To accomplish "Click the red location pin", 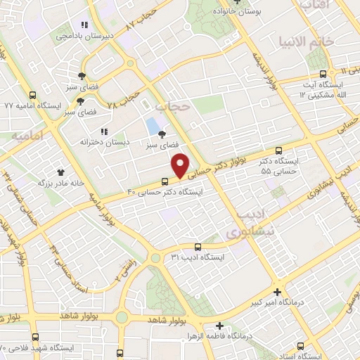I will tap(181, 165).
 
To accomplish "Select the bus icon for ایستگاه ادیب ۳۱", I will tap(198, 247).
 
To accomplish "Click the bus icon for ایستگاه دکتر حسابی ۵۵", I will tap(279, 150).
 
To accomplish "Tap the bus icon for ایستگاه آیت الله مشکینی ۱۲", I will tap(323, 74).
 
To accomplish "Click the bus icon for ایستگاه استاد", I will tap(302, 346).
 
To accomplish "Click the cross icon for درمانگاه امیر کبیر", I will tap(278, 292).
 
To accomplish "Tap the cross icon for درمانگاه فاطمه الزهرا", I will tap(220, 326).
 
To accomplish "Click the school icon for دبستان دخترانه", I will tap(104, 131).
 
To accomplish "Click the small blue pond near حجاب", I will tap(152, 127).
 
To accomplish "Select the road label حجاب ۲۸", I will tap(124, 96).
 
